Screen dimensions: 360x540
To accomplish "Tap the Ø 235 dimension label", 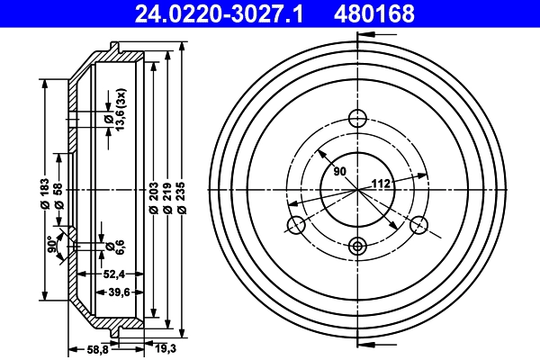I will pos(183,197).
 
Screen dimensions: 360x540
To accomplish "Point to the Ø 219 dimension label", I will pos(168,197).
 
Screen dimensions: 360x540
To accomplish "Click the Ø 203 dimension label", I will pos(154,197).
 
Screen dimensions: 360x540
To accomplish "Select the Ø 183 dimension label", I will pos(43,194).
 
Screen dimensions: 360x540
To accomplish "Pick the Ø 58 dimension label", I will pos(58,194).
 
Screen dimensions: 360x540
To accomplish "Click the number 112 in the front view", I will pos(381,184).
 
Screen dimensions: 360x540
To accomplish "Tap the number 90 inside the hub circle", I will pos(339,171).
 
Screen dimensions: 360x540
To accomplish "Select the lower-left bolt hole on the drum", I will pos(294,226).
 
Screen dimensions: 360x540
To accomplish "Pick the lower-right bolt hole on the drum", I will pos(419,226).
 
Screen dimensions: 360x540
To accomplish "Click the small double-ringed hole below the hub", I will pos(357,244).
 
